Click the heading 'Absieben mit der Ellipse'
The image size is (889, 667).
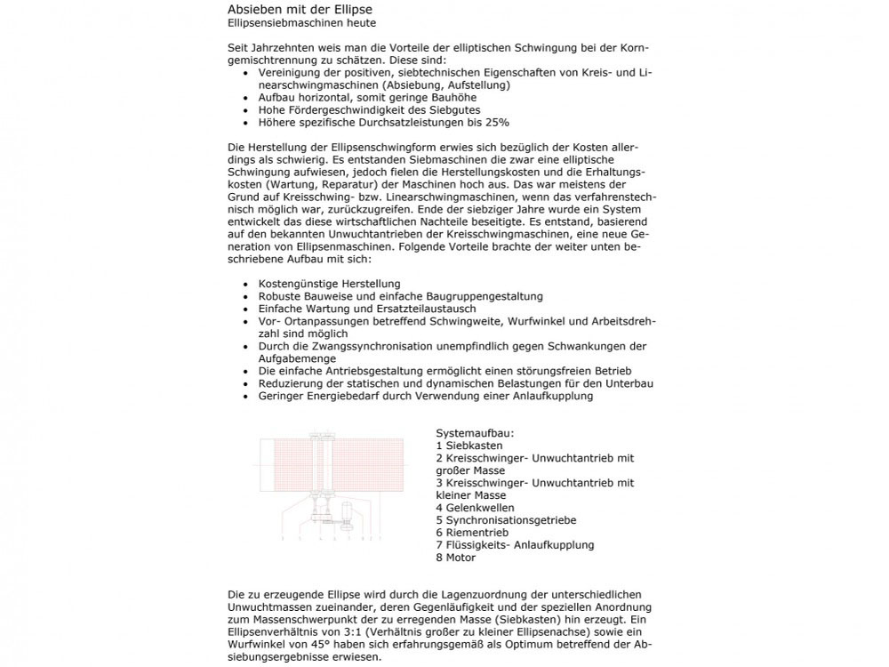coord(294,9)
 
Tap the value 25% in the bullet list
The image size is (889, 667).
coord(497,123)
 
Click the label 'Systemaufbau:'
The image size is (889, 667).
coord(475,433)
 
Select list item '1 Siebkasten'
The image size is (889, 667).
coord(469,446)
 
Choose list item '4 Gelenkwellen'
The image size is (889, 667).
coord(475,508)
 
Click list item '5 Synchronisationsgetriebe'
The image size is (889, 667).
coord(506,520)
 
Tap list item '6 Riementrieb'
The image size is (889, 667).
coord(472,533)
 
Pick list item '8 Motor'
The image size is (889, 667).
coord(456,558)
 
